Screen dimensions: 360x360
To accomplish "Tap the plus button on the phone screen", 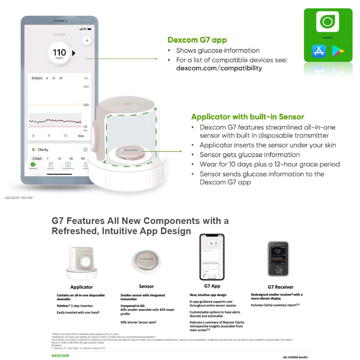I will pos(87,41).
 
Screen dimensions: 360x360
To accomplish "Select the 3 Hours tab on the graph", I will pos(37,78).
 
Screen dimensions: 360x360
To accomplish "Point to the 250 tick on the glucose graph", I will pos(85,105).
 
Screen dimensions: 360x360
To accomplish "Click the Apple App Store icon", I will pos(319,51).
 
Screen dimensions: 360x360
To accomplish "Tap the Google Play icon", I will pos(338,51).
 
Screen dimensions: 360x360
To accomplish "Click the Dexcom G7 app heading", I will pos(197,40).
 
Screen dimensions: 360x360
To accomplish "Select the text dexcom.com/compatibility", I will pos(219,68).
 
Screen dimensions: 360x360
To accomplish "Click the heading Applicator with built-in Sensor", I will pos(247,117).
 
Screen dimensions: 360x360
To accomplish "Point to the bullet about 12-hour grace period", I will pos(269,164).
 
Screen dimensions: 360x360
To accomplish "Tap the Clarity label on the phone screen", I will pos(43,150).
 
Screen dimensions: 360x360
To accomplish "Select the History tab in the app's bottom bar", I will pos(51,166).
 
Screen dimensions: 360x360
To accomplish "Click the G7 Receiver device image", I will pos(278,259).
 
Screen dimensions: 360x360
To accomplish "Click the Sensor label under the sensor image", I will pos(146,286).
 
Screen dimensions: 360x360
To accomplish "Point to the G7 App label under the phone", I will pos(212,286).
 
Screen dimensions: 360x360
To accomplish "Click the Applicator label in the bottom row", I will pos(82,287).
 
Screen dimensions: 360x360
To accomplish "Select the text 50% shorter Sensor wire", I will pos(138,322).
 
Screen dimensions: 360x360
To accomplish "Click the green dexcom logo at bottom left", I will pos(60,355).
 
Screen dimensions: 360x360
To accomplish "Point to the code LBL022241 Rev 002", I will pos(19,198).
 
